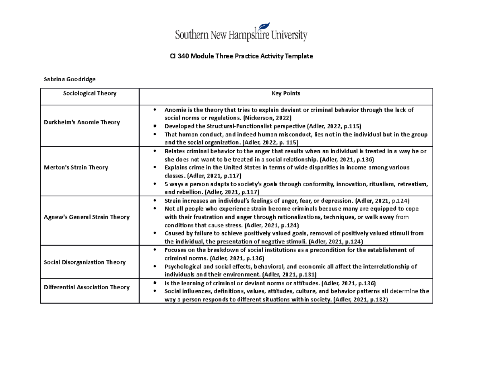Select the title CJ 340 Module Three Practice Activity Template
241,57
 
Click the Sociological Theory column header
89,93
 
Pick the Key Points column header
285,93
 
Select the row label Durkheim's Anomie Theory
88,122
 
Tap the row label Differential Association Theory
87,287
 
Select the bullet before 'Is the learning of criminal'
155,283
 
